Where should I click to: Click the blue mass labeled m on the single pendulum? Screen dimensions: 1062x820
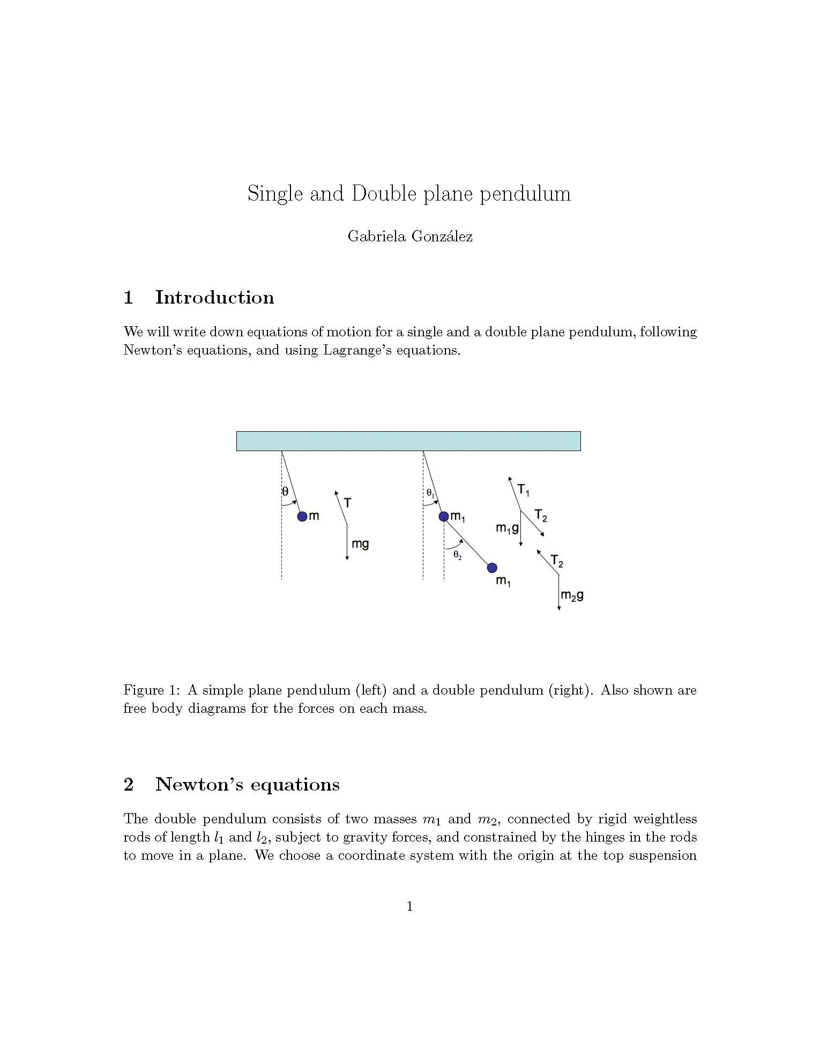302,517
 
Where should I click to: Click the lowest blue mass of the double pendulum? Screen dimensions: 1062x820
492,567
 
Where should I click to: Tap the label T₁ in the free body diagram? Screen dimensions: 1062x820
523,490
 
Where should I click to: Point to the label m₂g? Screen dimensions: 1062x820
572,595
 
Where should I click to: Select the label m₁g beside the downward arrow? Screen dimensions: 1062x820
506,528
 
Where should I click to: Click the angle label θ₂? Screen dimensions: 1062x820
457,555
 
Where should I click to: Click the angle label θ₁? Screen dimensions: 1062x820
430,492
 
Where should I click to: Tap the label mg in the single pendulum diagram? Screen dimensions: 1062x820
360,544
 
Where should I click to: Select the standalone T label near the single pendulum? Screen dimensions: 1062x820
347,503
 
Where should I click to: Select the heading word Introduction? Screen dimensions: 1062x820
214,298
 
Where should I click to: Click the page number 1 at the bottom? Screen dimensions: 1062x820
410,906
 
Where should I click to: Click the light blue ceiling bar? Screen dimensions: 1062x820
408,441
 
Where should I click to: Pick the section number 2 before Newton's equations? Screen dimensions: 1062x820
129,785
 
